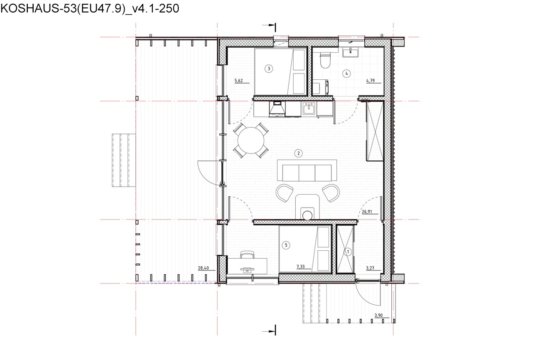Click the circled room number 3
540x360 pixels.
pos(269,69)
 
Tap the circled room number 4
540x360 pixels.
pos(347,74)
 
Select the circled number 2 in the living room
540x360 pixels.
pos(298,153)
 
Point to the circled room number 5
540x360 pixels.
pos(286,245)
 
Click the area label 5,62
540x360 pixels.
pos(239,81)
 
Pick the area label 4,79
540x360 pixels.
pos(371,81)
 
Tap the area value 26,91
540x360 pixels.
pos(367,212)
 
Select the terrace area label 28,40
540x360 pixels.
pos(204,268)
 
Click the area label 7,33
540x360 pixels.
pos(300,266)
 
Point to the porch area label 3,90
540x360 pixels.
pos(378,316)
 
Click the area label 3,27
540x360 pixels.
pos(370,268)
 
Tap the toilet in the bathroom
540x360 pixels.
pos(325,60)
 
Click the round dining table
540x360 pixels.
pos(251,140)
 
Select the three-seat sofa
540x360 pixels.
pos(307,170)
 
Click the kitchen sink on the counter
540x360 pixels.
pos(309,108)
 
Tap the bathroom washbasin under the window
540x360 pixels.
pos(350,52)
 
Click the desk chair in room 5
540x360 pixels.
pos(247,254)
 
